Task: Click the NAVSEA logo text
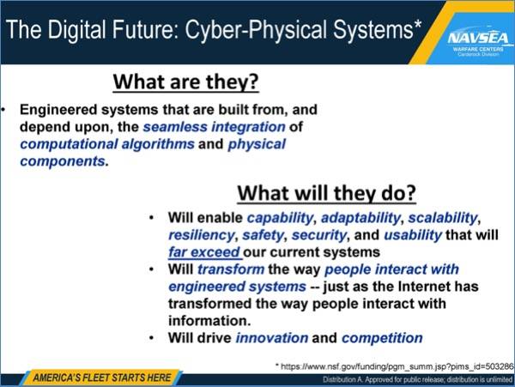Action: coord(478,39)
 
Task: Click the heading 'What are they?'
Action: coord(186,82)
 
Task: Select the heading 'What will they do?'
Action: coord(326,193)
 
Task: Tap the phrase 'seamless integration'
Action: coord(214,127)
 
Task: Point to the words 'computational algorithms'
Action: coord(107,144)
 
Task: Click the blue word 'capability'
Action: coord(280,218)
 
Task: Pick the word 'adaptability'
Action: coord(360,218)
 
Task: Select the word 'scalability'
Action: coord(443,218)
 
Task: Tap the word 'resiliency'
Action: coord(202,235)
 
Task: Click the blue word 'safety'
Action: coord(263,235)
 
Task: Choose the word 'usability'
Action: coord(413,235)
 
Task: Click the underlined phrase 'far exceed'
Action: coord(204,252)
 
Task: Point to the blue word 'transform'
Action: coord(231,269)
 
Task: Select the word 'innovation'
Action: coord(272,338)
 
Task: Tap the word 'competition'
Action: coord(382,338)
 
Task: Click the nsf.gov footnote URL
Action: coord(395,366)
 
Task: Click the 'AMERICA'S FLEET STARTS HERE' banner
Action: coord(102,378)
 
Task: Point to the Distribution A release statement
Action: coord(417,380)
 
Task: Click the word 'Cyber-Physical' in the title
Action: coord(257,30)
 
